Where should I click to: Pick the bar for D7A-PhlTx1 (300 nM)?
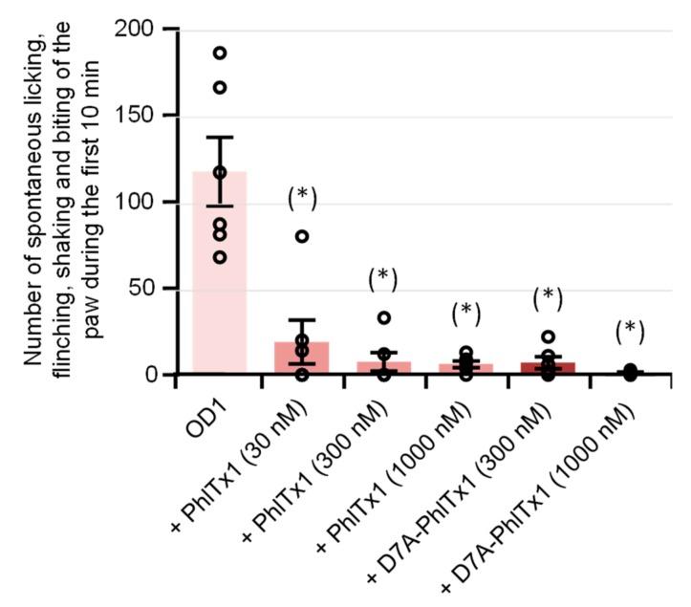pyautogui.click(x=548, y=368)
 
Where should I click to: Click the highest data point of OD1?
pyautogui.click(x=220, y=53)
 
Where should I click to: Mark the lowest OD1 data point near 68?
pyautogui.click(x=220, y=257)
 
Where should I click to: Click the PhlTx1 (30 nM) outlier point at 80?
pyautogui.click(x=302, y=236)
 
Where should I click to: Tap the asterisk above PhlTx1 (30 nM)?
pyautogui.click(x=302, y=197)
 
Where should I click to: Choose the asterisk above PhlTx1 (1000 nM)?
pyautogui.click(x=465, y=312)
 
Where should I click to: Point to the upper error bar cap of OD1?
pyautogui.click(x=220, y=138)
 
